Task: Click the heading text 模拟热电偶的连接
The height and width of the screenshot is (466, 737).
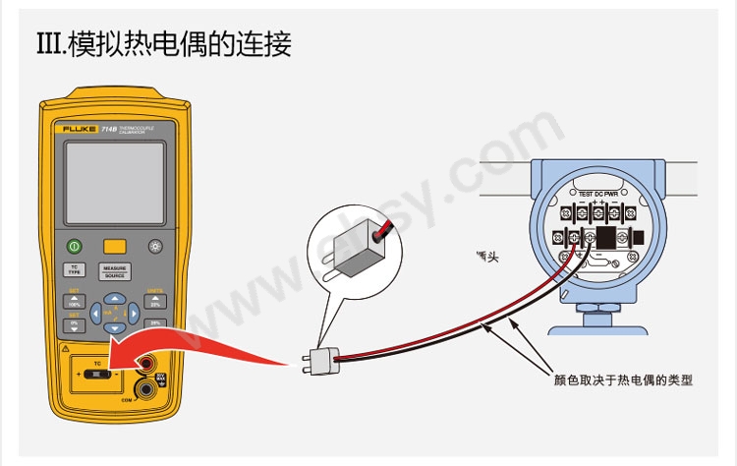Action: pos(163,44)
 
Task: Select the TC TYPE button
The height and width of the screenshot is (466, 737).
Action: pos(73,269)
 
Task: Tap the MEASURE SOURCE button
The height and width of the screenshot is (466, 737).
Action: pos(115,271)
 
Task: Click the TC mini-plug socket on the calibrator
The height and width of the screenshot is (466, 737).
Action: pos(98,376)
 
